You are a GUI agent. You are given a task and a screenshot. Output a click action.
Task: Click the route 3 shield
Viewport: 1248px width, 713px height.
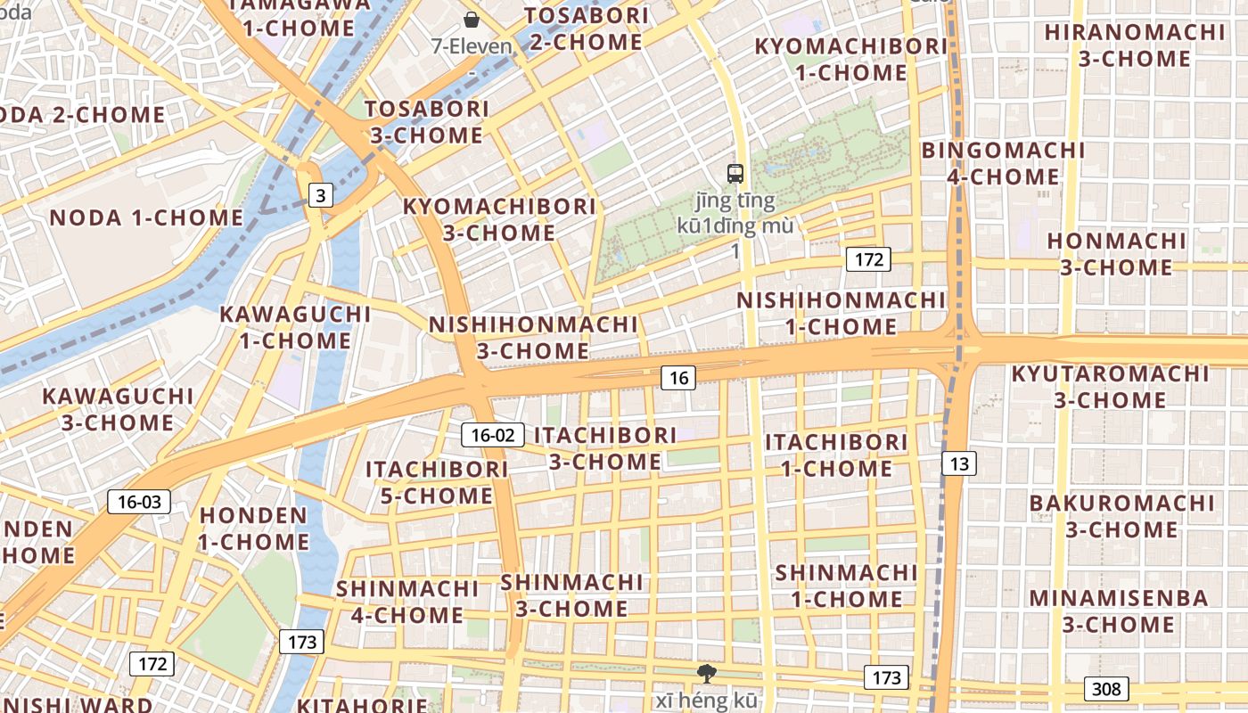(x=320, y=195)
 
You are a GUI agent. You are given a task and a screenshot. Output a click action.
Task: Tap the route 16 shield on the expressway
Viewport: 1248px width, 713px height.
(x=678, y=378)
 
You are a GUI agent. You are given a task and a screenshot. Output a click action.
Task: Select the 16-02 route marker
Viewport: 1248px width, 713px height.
(x=493, y=435)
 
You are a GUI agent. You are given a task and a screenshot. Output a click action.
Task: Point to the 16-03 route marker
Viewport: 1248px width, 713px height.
(x=139, y=502)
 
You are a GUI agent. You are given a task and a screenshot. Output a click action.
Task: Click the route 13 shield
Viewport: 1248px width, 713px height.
(x=958, y=463)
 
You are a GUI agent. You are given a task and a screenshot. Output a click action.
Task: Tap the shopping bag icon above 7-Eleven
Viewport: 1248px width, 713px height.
(x=471, y=19)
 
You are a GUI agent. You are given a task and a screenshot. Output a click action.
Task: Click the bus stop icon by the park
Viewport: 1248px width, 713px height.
(x=735, y=174)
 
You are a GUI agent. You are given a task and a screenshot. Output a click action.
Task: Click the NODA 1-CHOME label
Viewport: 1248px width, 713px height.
(x=146, y=217)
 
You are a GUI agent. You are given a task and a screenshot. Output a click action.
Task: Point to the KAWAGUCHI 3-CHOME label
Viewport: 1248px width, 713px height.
(x=118, y=409)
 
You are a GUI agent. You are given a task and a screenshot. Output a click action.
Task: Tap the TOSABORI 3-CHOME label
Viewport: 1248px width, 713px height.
(x=427, y=122)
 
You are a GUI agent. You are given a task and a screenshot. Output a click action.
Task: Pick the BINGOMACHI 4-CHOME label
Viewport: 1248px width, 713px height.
(x=1003, y=163)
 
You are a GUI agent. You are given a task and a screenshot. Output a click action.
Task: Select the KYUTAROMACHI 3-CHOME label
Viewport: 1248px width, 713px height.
(x=1110, y=387)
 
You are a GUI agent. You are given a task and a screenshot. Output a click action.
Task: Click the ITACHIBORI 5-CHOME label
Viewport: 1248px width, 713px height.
(x=437, y=482)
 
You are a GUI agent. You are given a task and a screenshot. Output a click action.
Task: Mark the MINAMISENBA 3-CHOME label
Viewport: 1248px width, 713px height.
(x=1119, y=611)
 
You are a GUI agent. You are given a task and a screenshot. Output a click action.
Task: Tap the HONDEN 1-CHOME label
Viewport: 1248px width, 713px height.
(x=253, y=529)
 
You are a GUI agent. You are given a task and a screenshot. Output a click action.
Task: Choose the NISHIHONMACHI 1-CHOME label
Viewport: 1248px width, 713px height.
(x=841, y=313)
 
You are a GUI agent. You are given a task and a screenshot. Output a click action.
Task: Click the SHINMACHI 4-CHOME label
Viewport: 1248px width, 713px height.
(x=407, y=602)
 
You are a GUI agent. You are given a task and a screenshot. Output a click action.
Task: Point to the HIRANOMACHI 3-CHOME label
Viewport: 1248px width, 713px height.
(x=1135, y=45)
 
